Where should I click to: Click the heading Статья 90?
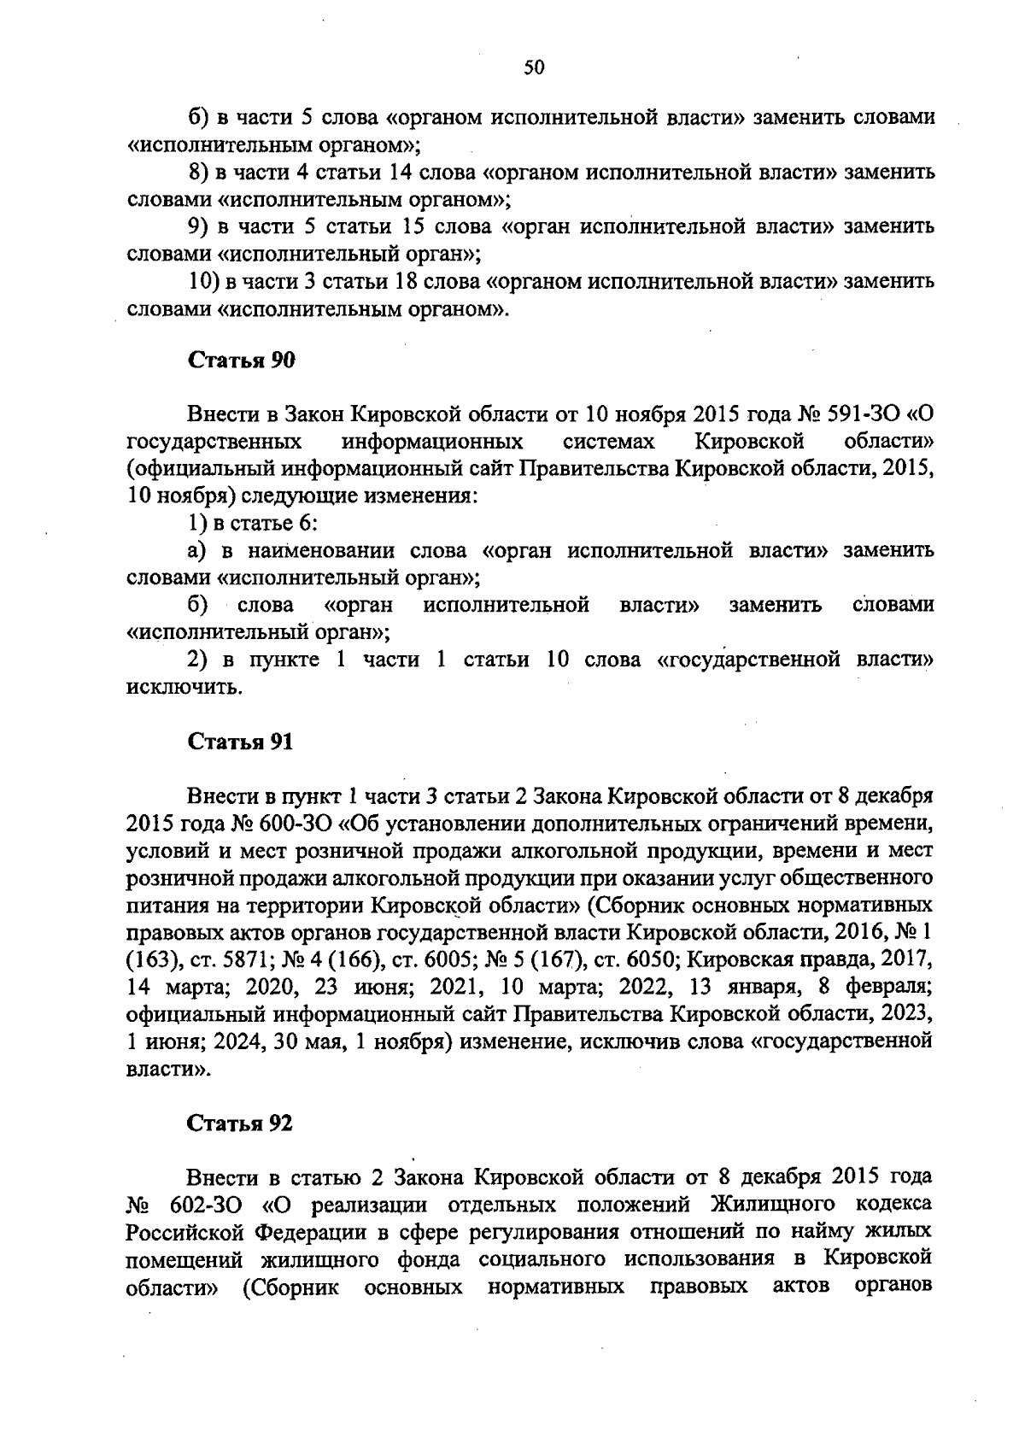pyautogui.click(x=241, y=361)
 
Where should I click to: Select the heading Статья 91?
pyautogui.click(x=240, y=742)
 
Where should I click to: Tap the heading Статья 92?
pyautogui.click(x=240, y=1123)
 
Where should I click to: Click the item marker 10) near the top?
pyautogui.click(x=204, y=281)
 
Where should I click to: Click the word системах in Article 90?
pyautogui.click(x=609, y=443)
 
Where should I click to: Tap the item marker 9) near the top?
pyautogui.click(x=198, y=227)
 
